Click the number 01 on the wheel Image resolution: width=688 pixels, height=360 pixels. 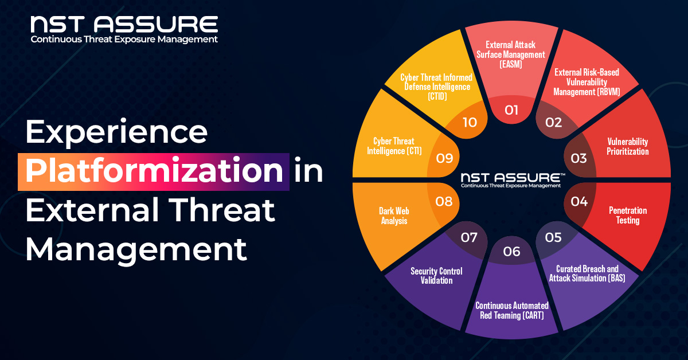tap(511, 109)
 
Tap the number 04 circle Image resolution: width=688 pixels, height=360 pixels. tap(579, 201)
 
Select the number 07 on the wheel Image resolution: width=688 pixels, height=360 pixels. tap(469, 237)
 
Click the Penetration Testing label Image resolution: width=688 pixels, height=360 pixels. tap(627, 215)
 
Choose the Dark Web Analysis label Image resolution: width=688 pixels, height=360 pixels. tap(394, 216)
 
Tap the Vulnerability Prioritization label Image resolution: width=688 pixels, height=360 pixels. tap(627, 146)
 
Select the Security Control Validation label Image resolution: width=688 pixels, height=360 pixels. tap(436, 276)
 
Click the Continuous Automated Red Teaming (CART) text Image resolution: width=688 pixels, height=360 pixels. tap(512, 310)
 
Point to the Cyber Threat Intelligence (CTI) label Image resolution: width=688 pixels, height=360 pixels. tap(393, 146)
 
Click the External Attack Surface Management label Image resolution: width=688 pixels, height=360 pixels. tap(511, 54)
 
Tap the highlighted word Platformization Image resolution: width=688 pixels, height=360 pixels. tap(154, 171)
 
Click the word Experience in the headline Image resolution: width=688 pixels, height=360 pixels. tap(116, 133)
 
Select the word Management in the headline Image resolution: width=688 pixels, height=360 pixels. tap(136, 249)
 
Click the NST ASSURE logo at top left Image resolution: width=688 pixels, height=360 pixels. tap(124, 29)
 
